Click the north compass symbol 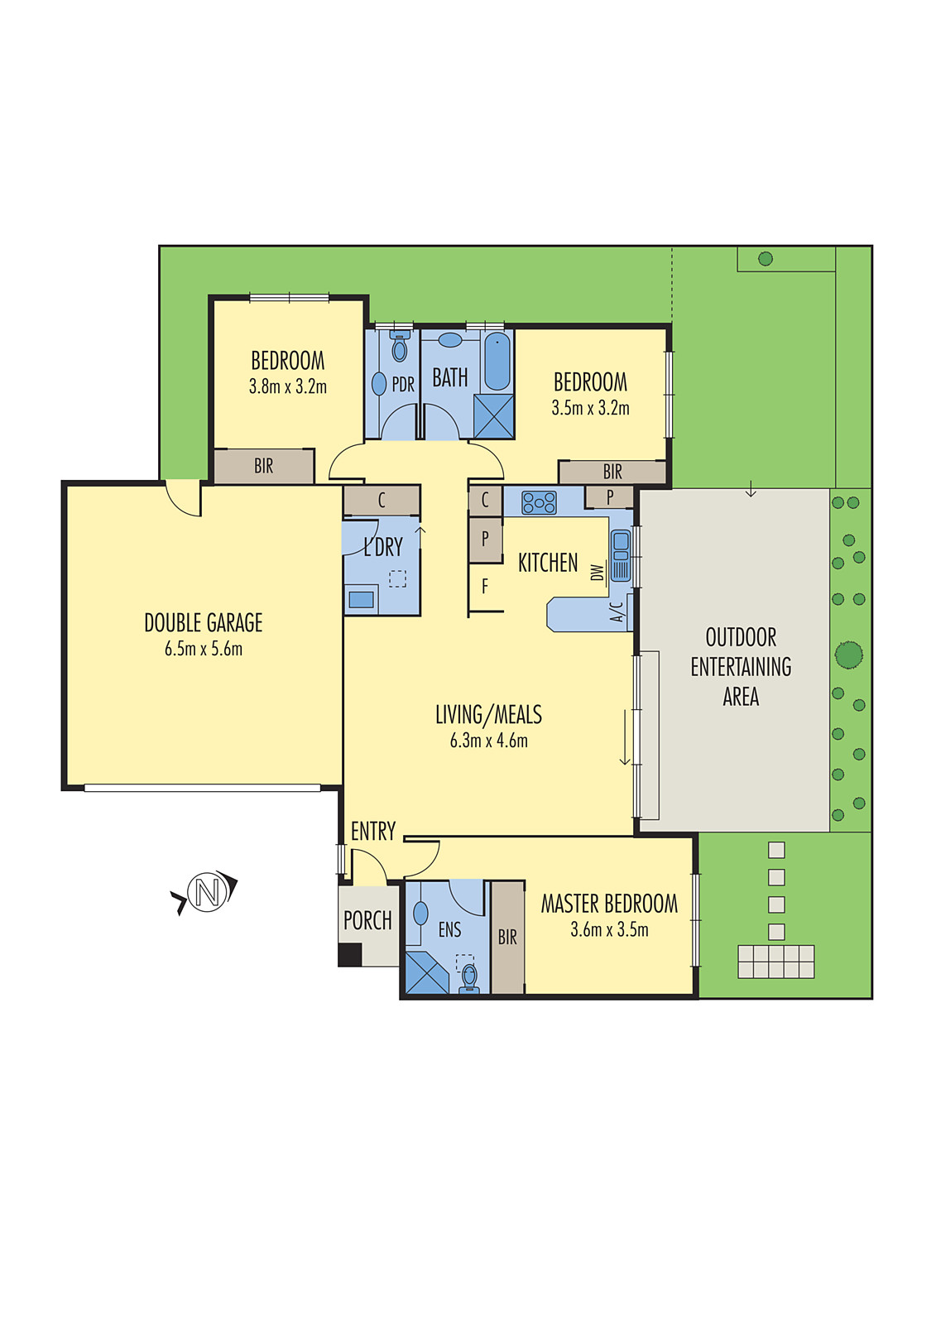[x=207, y=893]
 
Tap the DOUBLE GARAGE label [x=204, y=622]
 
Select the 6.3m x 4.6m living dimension [x=488, y=741]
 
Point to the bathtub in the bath [x=497, y=361]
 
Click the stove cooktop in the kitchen [x=539, y=502]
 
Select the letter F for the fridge [x=485, y=587]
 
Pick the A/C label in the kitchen [x=617, y=612]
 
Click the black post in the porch [x=350, y=955]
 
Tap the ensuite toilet [x=469, y=977]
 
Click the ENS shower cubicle [x=426, y=973]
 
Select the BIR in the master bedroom [x=507, y=937]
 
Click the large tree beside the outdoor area [x=849, y=655]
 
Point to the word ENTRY [x=373, y=831]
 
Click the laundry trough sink [x=361, y=599]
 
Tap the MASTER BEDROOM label [x=609, y=904]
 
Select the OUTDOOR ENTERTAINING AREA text [x=741, y=667]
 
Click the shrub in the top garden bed [x=766, y=259]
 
